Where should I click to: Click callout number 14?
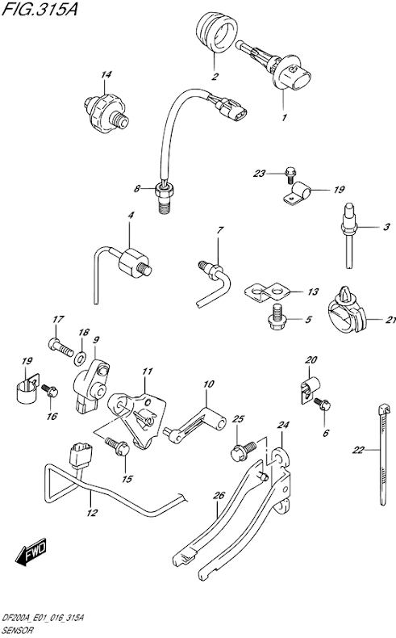[x=105, y=76]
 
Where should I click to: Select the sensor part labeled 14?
[x=102, y=107]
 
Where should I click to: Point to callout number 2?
[x=215, y=78]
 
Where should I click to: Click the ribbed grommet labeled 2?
[x=214, y=35]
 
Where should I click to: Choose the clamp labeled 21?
[x=347, y=317]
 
